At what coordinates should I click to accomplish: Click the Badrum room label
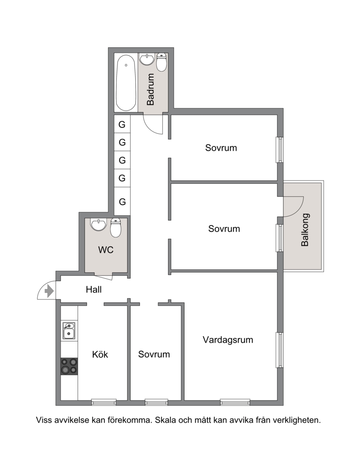tap(150, 90)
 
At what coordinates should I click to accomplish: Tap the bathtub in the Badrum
tap(126, 83)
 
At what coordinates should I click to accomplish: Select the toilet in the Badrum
tap(162, 62)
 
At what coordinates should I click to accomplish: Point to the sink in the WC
tap(99, 225)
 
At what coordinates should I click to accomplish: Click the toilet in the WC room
tap(116, 227)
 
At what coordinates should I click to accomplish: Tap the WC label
tap(106, 250)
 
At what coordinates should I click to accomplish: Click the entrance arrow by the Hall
tap(49, 291)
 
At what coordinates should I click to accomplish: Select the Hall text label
tap(94, 290)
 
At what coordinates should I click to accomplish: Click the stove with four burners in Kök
tap(69, 366)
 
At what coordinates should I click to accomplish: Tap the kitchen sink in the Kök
tap(69, 331)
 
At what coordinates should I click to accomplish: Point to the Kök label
tap(100, 354)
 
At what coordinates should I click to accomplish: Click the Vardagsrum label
tap(228, 340)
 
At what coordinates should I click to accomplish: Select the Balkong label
tap(305, 230)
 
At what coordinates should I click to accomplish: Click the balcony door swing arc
tap(298, 211)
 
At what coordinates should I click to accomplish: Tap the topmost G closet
tap(122, 124)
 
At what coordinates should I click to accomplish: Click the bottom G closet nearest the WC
tap(122, 201)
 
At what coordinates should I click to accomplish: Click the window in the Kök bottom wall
tap(104, 402)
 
